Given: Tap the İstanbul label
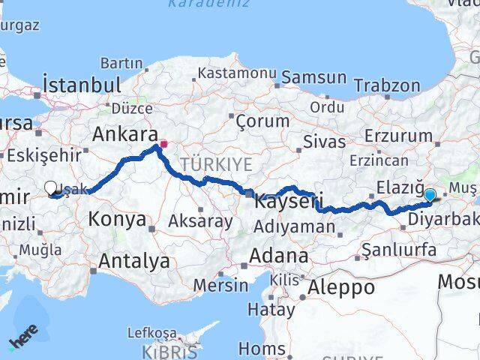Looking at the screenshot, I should (82, 84).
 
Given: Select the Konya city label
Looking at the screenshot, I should (117, 219).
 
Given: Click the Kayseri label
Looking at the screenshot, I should (289, 201).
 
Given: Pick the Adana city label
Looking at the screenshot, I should (278, 256).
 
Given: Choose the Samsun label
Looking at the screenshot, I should (314, 77).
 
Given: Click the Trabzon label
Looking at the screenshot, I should (386, 85).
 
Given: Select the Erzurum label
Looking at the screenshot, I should (398, 136).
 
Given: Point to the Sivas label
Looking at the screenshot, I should (324, 141).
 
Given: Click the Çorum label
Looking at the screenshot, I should (262, 120).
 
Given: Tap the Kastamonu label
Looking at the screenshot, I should (237, 73).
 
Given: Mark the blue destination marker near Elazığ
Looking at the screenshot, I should (429, 196).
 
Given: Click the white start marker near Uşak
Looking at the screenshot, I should (50, 188).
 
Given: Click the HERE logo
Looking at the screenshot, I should (22, 342).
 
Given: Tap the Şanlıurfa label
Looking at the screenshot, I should (400, 248).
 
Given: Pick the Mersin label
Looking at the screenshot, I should (220, 285).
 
